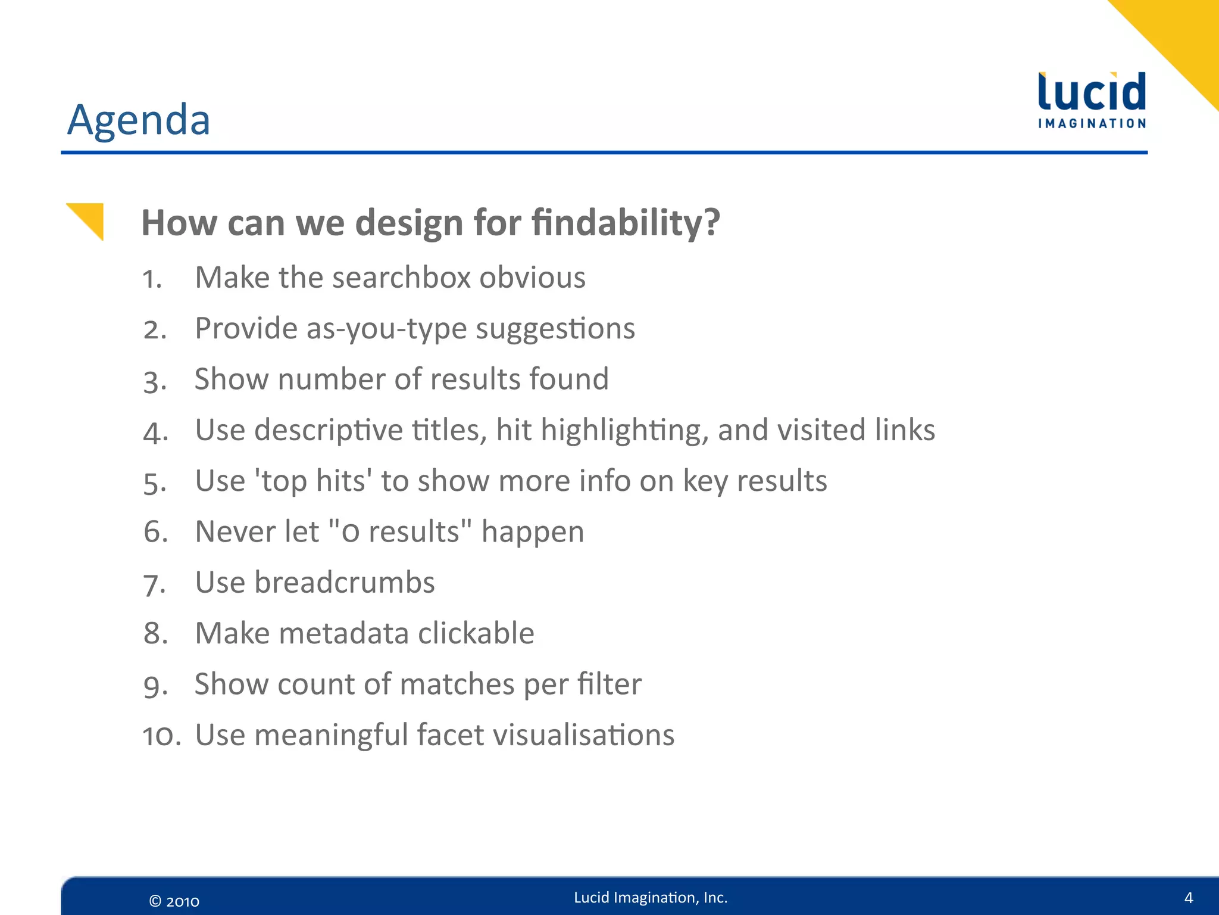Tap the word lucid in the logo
1092,92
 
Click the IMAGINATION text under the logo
1092,124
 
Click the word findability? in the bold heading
626,223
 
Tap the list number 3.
154,381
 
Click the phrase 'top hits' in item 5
313,481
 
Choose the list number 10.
161,736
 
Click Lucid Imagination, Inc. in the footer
650,898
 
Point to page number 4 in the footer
1188,898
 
